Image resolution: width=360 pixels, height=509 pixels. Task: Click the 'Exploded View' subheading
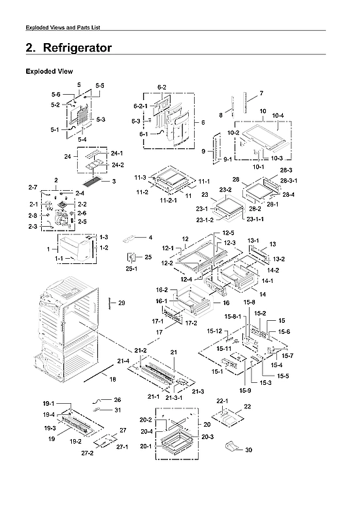point(49,71)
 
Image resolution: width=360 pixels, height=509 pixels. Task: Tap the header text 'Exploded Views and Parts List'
point(62,27)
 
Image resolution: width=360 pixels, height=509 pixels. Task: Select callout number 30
point(248,450)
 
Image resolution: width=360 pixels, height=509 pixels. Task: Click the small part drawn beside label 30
point(231,446)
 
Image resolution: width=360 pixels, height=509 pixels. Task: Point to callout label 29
point(122,303)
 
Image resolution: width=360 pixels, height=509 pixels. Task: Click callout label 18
point(112,379)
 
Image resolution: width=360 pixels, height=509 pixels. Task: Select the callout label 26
point(118,399)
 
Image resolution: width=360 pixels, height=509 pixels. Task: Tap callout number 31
point(118,410)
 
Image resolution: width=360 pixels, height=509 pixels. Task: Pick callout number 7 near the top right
point(261,93)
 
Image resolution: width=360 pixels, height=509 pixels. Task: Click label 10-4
point(278,116)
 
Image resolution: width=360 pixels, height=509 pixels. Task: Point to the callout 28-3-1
point(289,181)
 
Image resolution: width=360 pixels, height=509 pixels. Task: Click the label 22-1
point(221,401)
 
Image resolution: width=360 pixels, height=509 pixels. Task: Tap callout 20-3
point(208,436)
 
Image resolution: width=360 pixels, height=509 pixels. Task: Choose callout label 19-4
point(50,414)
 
